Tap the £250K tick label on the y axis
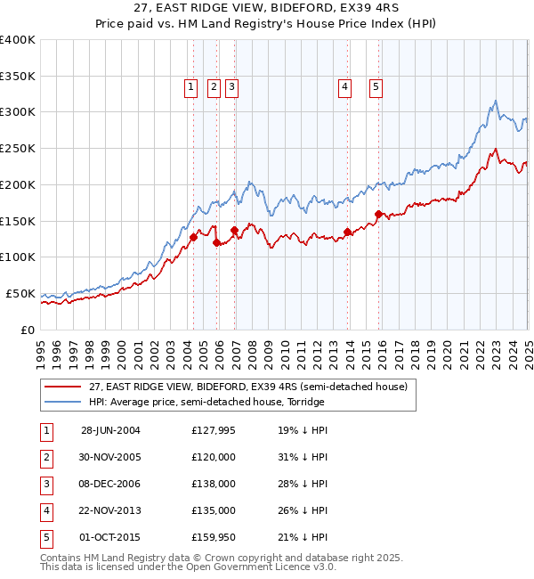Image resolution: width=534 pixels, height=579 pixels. (18, 148)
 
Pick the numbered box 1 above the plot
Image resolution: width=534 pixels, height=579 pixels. (192, 87)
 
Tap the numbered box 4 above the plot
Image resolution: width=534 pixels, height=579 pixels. (344, 87)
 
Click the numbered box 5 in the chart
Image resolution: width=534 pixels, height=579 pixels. (376, 87)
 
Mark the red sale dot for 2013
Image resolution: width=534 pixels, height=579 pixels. (347, 232)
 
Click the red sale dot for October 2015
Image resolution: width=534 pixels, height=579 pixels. (378, 214)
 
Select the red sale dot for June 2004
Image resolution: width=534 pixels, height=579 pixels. (193, 237)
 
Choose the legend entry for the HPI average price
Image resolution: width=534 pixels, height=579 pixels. (206, 402)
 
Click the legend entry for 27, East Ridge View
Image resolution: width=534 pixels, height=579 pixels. (247, 387)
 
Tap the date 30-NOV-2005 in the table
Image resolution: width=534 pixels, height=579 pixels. (110, 457)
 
